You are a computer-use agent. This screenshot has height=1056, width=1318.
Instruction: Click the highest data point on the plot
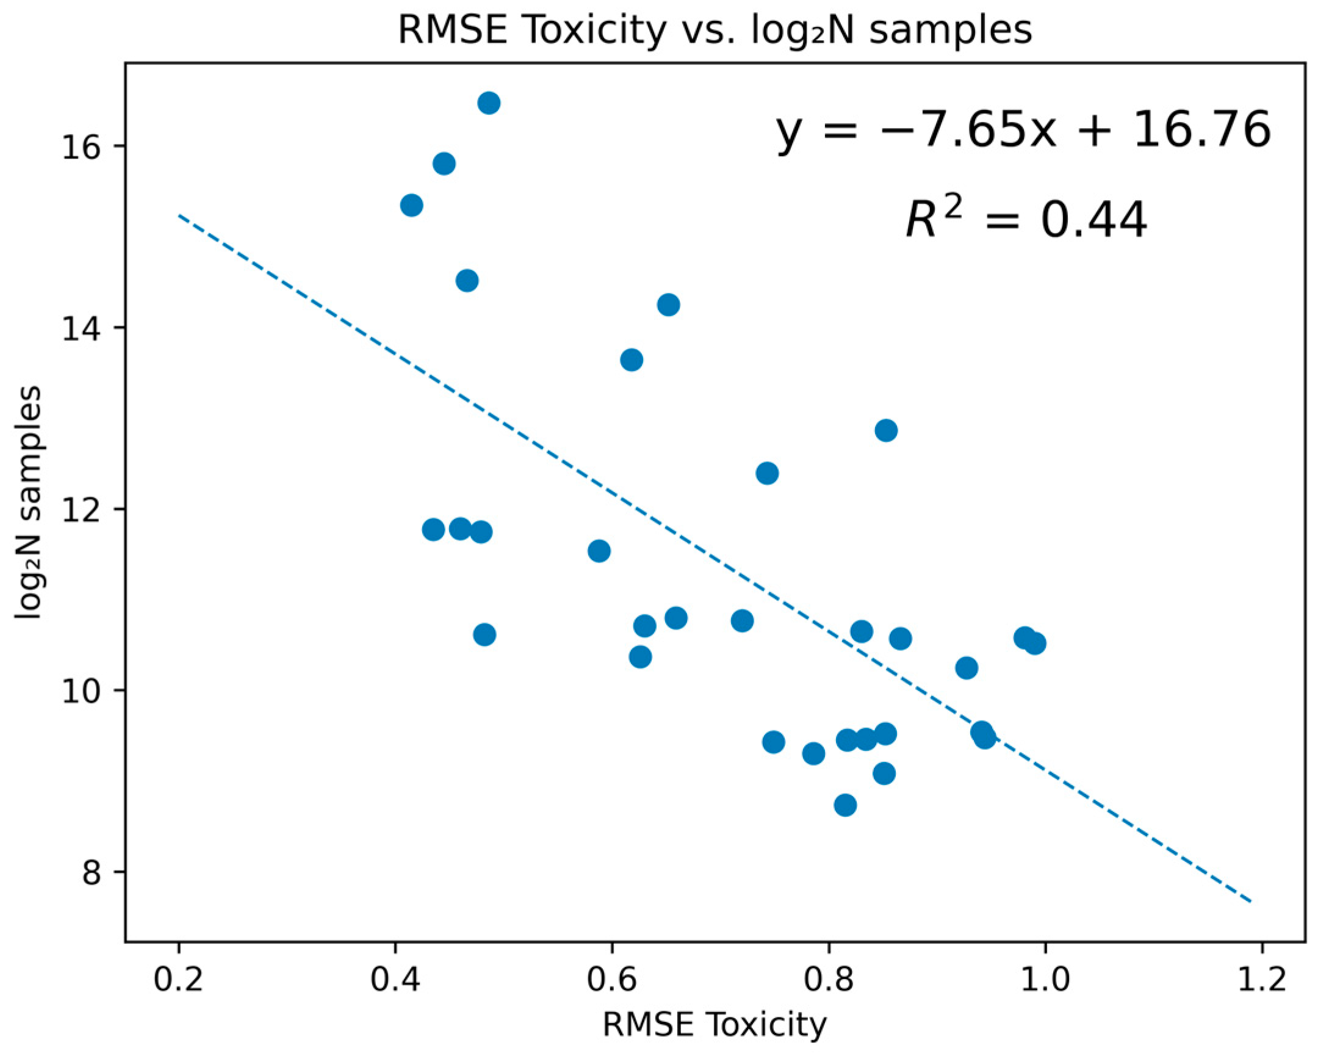point(488,103)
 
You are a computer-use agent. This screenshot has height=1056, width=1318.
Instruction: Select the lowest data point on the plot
point(845,805)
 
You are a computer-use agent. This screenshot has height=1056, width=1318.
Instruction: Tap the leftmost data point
point(411,206)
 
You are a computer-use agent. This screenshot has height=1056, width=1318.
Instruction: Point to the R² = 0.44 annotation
point(1026,220)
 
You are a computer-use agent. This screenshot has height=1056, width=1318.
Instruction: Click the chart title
point(715,30)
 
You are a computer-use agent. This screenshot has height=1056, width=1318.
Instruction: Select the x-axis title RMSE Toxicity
point(715,1025)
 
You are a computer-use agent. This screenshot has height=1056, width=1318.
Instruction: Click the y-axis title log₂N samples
point(29,502)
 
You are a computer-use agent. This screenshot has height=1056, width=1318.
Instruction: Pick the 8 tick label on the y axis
point(92,872)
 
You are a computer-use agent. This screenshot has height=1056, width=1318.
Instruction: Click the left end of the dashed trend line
point(179,215)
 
